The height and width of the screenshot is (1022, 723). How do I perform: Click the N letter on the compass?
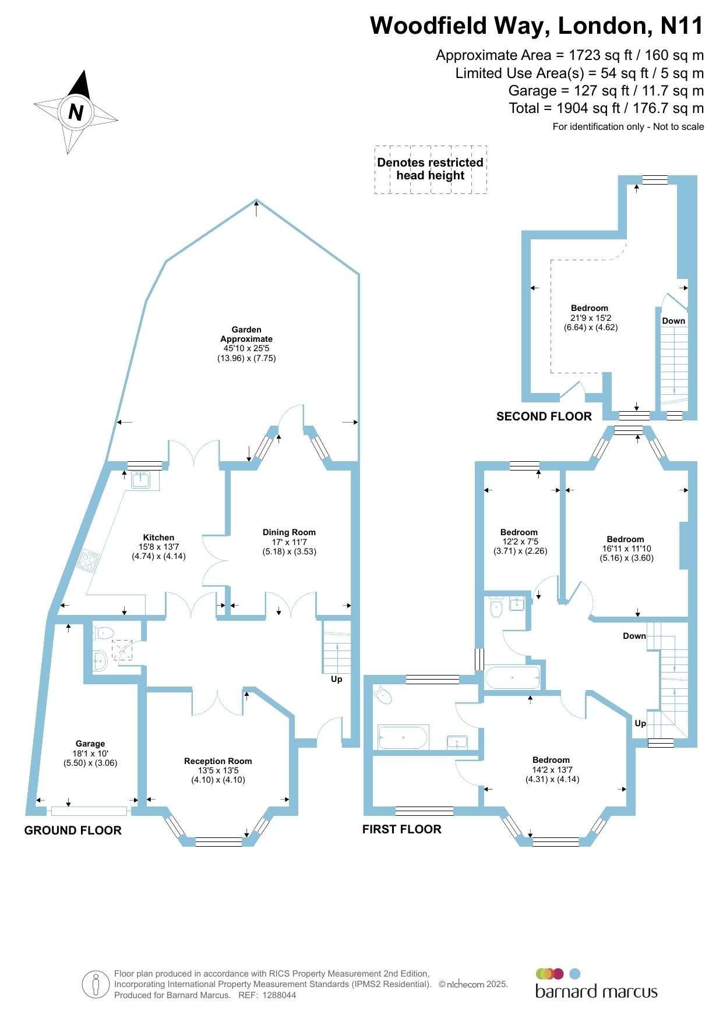pyautogui.click(x=76, y=112)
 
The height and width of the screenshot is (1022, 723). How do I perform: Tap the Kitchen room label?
pyautogui.click(x=158, y=537)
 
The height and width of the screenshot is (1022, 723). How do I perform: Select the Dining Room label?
pyautogui.click(x=289, y=532)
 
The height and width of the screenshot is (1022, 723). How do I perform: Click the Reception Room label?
pyautogui.click(x=218, y=761)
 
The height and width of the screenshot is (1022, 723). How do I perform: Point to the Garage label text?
pyautogui.click(x=90, y=744)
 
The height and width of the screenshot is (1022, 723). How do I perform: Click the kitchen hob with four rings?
pyautogui.click(x=89, y=560)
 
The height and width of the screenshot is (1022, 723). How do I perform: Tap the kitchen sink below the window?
pyautogui.click(x=141, y=480)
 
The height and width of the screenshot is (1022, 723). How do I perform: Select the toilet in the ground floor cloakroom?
pyautogui.click(x=103, y=632)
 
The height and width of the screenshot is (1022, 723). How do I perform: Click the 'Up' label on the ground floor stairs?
pyautogui.click(x=337, y=679)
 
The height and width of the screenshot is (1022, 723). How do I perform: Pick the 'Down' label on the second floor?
pyautogui.click(x=673, y=321)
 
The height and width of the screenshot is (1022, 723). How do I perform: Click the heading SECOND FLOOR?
pyautogui.click(x=544, y=416)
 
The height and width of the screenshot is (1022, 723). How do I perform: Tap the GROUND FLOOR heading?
pyautogui.click(x=73, y=830)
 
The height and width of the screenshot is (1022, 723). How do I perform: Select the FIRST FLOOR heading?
pyautogui.click(x=401, y=829)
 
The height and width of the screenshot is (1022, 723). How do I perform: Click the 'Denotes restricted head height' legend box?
pyautogui.click(x=431, y=169)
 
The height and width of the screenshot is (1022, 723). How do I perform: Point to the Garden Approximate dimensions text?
pyautogui.click(x=246, y=353)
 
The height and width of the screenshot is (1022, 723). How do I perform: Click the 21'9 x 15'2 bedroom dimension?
pyautogui.click(x=591, y=318)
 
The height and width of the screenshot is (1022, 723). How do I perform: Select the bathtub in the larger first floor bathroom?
pyautogui.click(x=403, y=737)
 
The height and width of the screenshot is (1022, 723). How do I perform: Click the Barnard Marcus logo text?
pyautogui.click(x=596, y=992)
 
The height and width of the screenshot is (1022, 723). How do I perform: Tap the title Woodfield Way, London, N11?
pyautogui.click(x=537, y=26)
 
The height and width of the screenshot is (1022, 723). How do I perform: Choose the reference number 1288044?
pyautogui.click(x=279, y=995)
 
